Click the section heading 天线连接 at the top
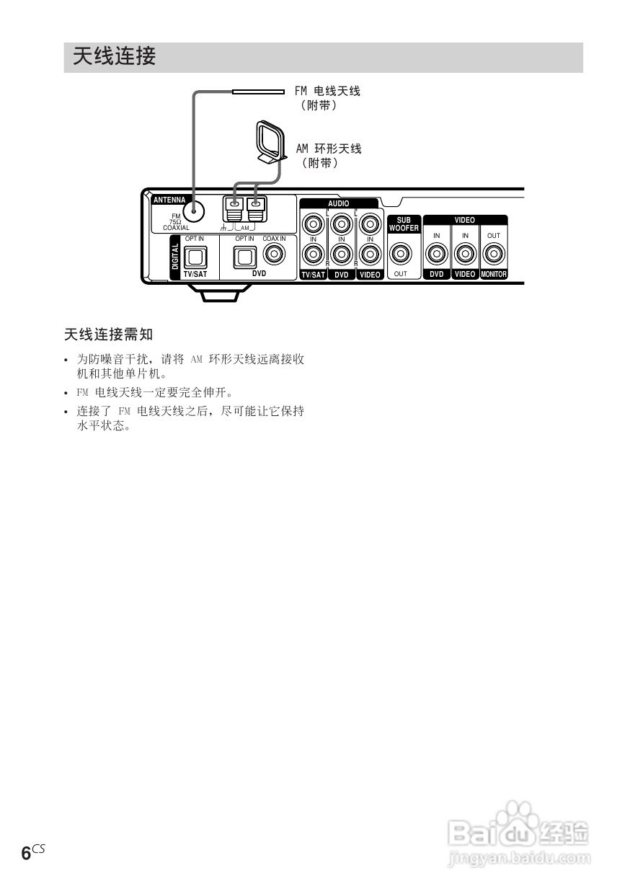[x=114, y=57]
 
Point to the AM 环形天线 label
[x=329, y=149]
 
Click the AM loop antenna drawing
[x=268, y=141]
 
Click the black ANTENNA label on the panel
[x=169, y=200]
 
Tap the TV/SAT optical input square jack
[x=195, y=255]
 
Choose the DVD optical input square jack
[x=245, y=255]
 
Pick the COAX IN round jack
[x=274, y=254]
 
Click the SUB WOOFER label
[x=404, y=224]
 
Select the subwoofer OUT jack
[x=401, y=254]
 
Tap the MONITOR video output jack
[x=494, y=254]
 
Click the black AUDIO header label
[x=338, y=203]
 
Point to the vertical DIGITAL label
[x=175, y=257]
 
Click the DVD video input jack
[x=437, y=254]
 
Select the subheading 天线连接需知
[x=109, y=335]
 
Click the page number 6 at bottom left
[x=26, y=854]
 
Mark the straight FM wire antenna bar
[x=258, y=92]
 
